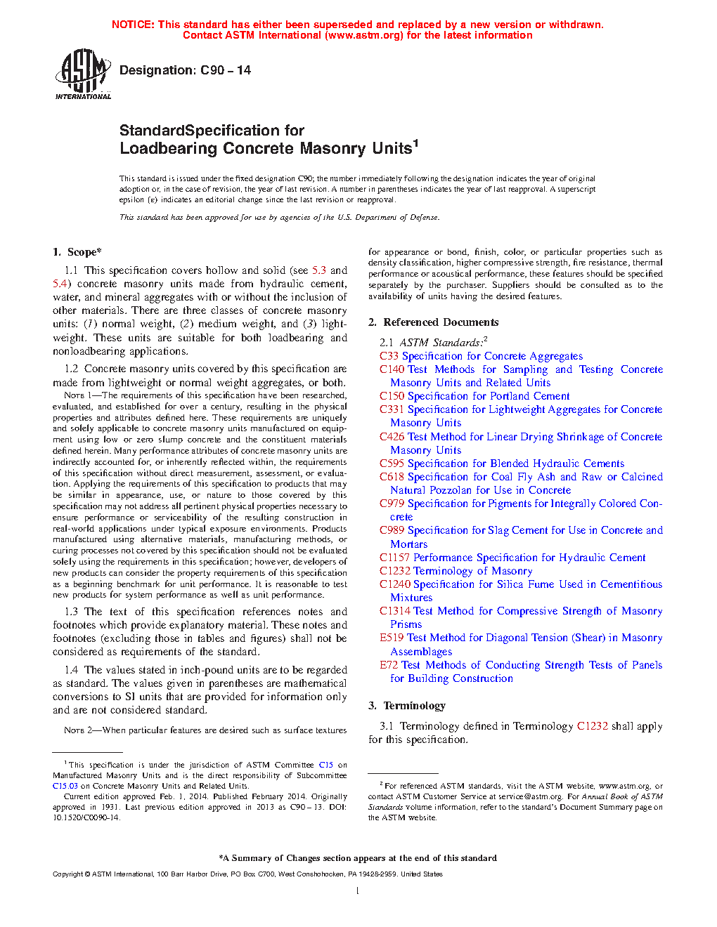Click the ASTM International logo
pyautogui.click(x=83, y=73)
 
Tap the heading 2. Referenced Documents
pyautogui.click(x=434, y=322)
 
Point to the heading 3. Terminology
pyautogui.click(x=407, y=706)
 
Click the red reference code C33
pyautogui.click(x=389, y=356)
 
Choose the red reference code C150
pyautogui.click(x=392, y=396)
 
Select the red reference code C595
pyautogui.click(x=392, y=463)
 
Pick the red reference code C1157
pyautogui.click(x=394, y=558)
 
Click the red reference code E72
pyautogui.click(x=389, y=665)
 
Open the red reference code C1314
pyautogui.click(x=394, y=611)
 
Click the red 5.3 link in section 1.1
pyautogui.click(x=319, y=270)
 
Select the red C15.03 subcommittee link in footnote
pyautogui.click(x=65, y=786)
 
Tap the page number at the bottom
pyautogui.click(x=358, y=891)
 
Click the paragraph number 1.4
pyautogui.click(x=71, y=670)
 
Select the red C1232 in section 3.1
pyautogui.click(x=592, y=726)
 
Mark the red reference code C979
pyautogui.click(x=392, y=504)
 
